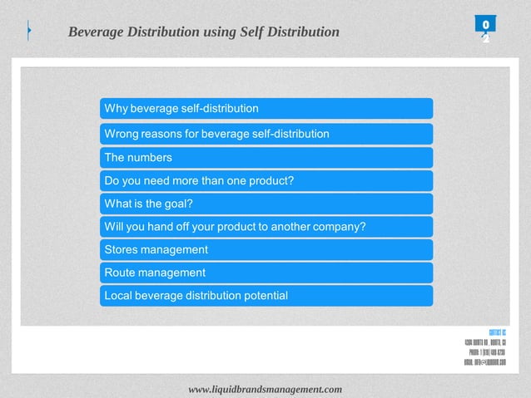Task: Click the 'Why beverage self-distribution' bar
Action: tap(265, 109)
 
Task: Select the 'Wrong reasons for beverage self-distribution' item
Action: tap(265, 134)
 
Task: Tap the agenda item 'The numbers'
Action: tap(265, 158)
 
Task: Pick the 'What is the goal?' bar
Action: tap(265, 204)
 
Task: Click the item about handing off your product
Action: tap(265, 227)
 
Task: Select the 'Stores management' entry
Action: tap(265, 249)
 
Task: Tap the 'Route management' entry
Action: tap(265, 273)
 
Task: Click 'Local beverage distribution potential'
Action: tap(265, 296)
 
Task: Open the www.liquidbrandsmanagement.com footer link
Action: tap(265, 389)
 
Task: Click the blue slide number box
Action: tap(485, 25)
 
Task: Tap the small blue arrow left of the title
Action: tap(29, 32)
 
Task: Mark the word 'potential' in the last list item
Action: tap(263, 296)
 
